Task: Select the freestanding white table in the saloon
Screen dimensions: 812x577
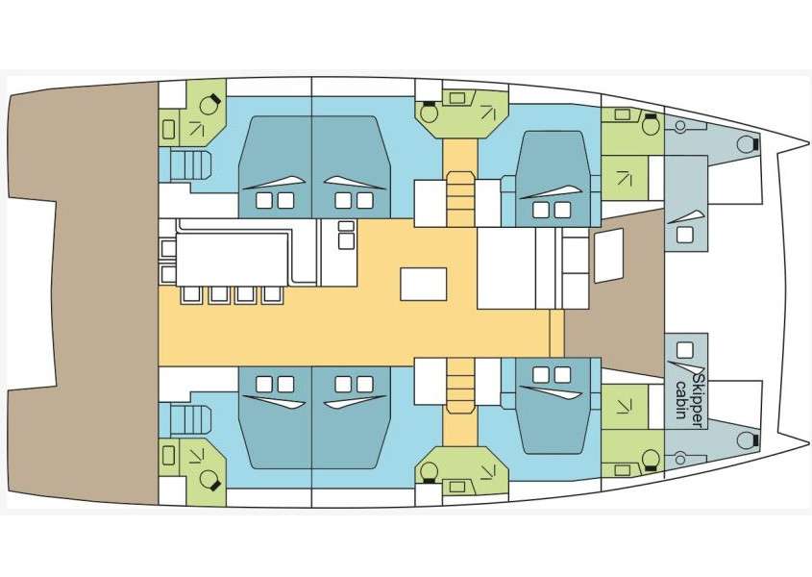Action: (423, 284)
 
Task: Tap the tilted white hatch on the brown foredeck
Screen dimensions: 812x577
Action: (608, 256)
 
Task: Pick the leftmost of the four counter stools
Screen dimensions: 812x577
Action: (191, 294)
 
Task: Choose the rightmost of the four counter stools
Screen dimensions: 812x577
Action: (272, 294)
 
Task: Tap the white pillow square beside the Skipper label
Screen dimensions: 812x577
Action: (684, 350)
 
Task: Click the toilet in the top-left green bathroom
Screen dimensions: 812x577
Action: (209, 104)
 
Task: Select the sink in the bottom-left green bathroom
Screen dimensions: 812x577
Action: (168, 456)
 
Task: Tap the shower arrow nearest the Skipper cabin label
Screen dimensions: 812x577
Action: (624, 407)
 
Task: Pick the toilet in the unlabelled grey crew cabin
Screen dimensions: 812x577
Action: (748, 144)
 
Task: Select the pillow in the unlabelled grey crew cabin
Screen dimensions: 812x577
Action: (684, 236)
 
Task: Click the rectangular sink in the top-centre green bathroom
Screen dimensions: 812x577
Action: (456, 97)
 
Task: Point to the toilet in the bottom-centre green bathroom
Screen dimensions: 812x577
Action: (429, 472)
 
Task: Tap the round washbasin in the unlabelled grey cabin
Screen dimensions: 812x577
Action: (680, 125)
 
